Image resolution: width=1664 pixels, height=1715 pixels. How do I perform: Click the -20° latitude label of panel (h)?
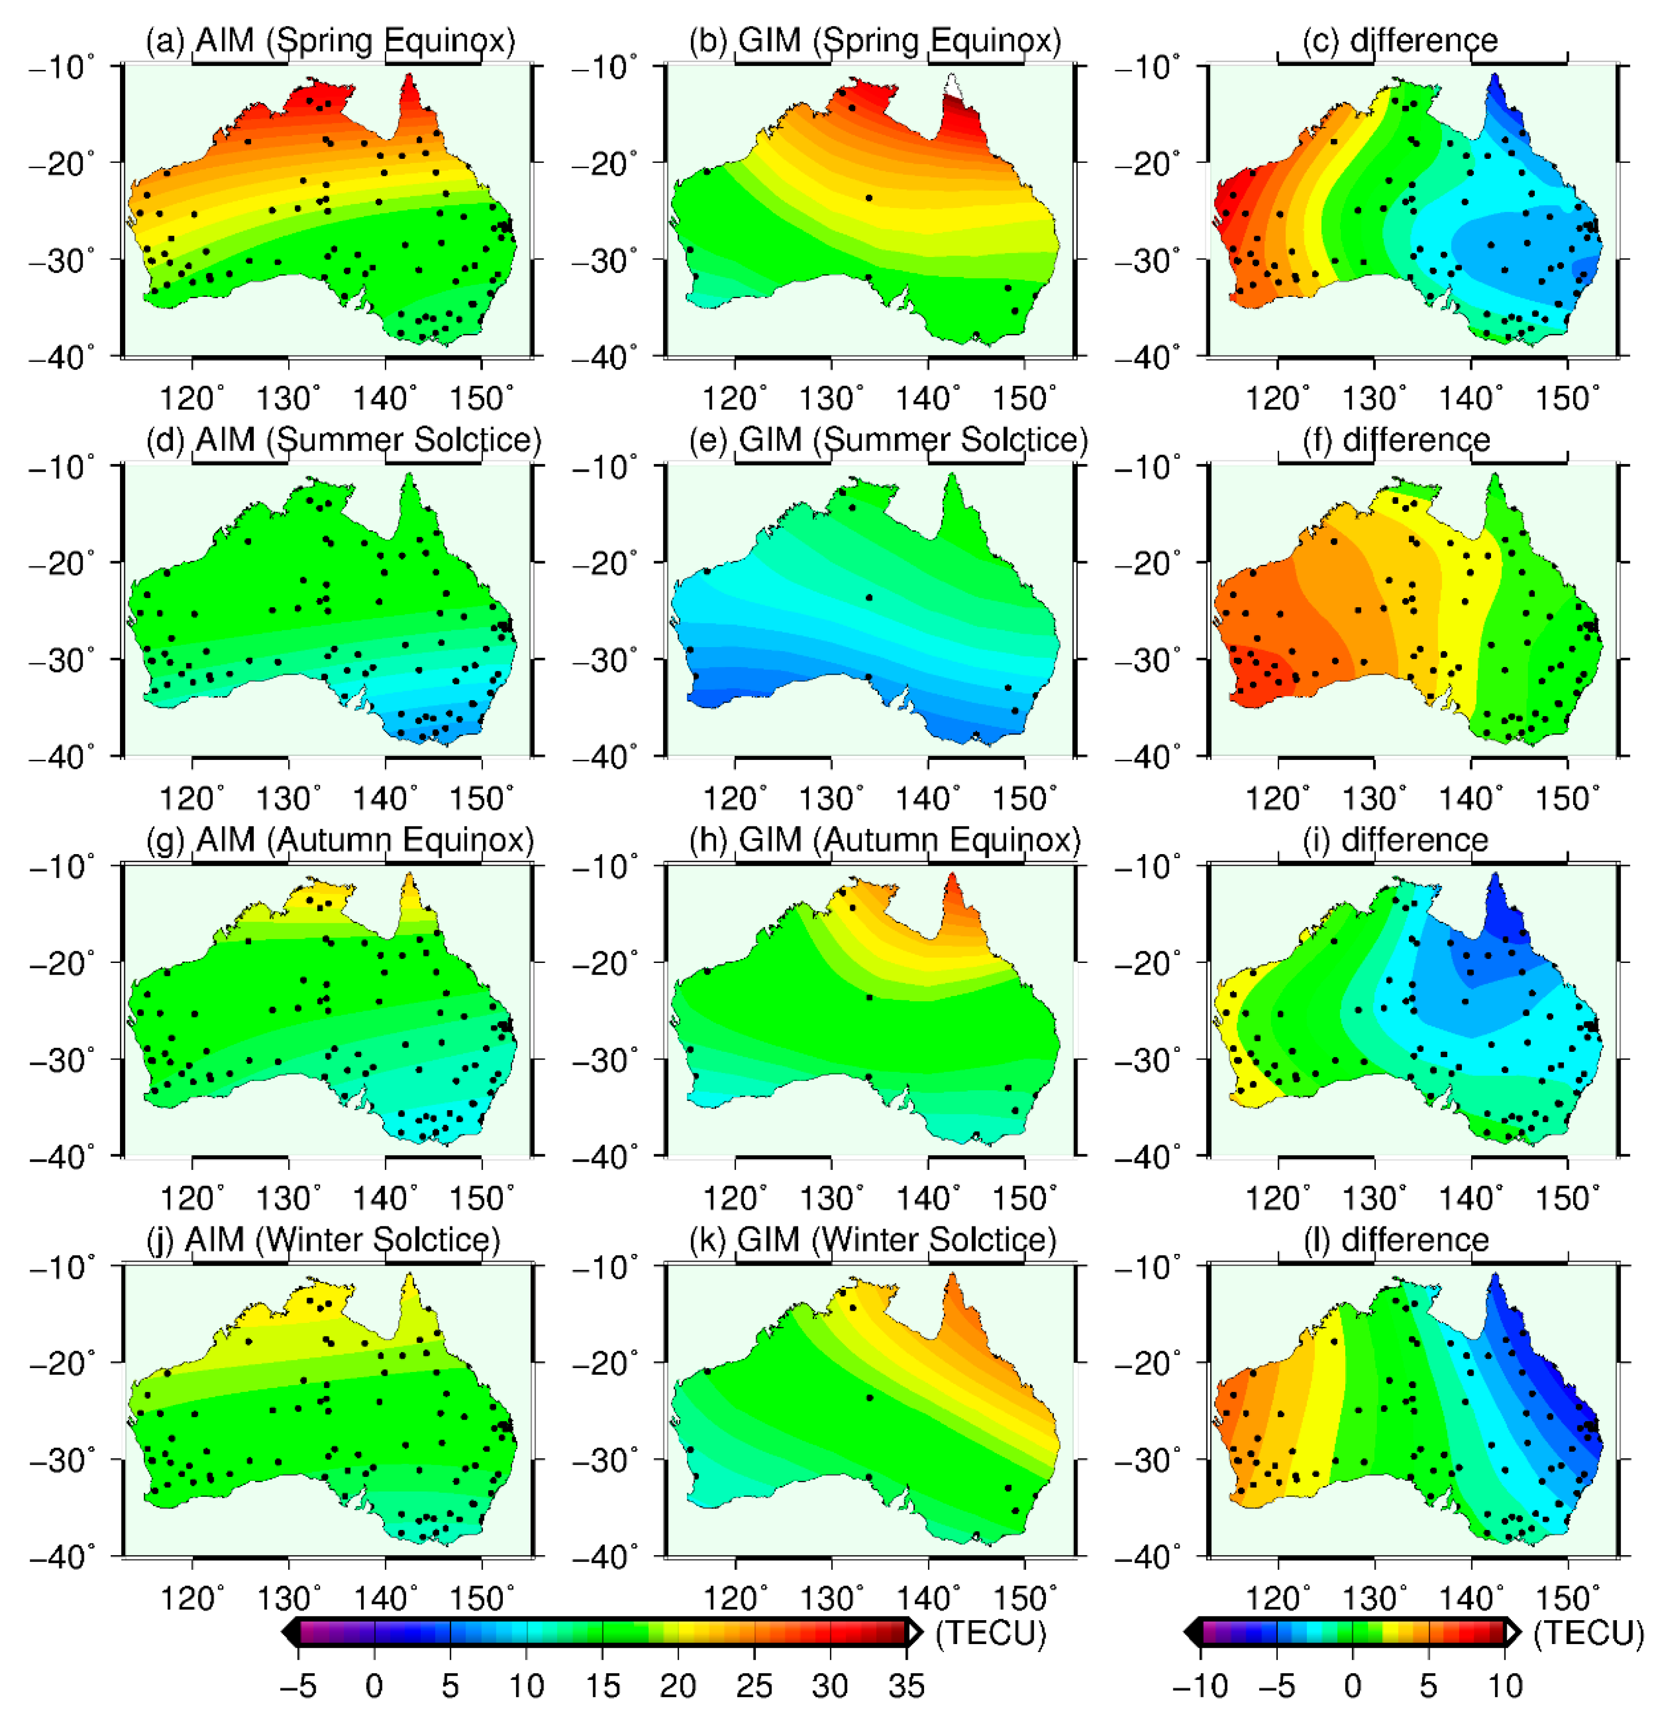pyautogui.click(x=604, y=962)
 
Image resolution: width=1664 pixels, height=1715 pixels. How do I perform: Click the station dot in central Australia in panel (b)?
pyautogui.click(x=869, y=198)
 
